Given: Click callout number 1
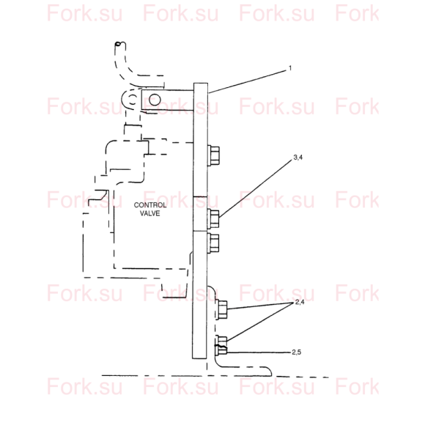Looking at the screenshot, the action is pos(290,67).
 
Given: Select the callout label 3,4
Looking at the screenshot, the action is pos(298,158).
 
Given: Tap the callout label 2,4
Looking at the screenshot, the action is pos(300,302).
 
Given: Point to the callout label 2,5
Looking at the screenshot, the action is pos(297,352).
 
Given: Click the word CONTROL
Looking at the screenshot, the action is pos(150,205).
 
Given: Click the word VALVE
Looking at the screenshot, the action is pos(150,213).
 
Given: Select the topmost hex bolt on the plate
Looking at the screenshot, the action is pos(213,155).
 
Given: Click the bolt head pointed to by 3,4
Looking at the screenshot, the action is pos(213,219).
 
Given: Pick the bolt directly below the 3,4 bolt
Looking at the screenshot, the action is pos(213,243).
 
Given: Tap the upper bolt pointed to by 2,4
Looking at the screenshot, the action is pos(222,310).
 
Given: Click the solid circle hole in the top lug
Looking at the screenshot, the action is pos(155,100).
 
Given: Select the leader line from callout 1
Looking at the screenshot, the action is pos(247,81).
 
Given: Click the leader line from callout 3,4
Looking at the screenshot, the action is pos(256,188).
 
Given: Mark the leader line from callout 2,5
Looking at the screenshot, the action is pos(259,352).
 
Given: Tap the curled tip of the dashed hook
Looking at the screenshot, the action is pos(118,43).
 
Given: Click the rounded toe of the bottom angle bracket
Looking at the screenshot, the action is pos(269,372).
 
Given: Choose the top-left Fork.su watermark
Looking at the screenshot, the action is pos(84,13).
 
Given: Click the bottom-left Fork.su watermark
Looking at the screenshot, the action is pos(84,386).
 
